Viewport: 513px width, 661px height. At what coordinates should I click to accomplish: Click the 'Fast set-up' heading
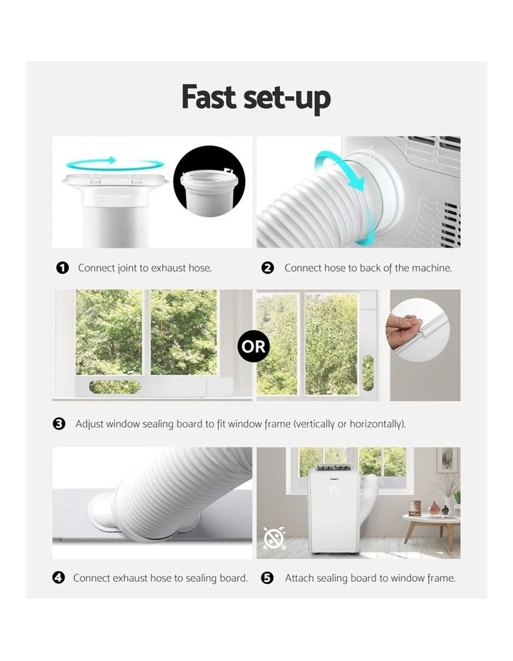coord(256,98)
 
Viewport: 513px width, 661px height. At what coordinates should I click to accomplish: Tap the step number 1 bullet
coord(63,268)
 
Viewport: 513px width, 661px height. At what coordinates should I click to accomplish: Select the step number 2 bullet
coord(268,268)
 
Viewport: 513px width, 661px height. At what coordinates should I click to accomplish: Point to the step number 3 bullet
coord(59,424)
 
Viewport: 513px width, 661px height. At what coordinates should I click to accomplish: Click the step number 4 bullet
coord(58,578)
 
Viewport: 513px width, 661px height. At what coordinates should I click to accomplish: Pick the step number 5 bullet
coord(268,578)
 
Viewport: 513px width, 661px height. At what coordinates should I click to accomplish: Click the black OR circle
coord(254,346)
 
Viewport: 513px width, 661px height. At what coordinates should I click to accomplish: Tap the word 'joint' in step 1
coord(127,269)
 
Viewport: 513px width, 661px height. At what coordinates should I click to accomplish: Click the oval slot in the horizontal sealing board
coord(115,387)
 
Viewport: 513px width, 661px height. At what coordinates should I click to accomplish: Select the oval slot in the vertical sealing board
coord(368,373)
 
